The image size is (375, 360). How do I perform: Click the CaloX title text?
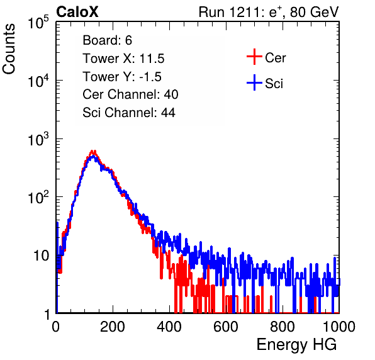pos(77,12)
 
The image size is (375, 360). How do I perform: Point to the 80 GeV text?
pos(314,12)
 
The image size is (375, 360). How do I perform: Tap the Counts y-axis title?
pos(9,49)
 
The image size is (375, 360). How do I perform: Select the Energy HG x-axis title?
pos(296,345)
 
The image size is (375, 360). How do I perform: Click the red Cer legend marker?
pos(254,57)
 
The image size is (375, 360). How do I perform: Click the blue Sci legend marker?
pos(254,82)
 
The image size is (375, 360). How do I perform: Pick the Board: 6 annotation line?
pos(107,40)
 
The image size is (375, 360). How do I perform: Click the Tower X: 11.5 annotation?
pos(123,59)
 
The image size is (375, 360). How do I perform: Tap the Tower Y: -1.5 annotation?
pos(122,77)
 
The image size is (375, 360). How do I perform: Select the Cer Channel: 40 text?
pos(130,94)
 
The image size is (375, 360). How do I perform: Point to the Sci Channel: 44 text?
pos(129,113)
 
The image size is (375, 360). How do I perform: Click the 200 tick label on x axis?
pos(113,327)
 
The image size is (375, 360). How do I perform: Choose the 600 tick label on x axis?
pos(226,327)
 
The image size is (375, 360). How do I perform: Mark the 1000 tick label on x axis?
pos(339,327)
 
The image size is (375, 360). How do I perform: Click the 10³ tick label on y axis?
pos(38,139)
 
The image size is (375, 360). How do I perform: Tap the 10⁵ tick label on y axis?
pos(38,23)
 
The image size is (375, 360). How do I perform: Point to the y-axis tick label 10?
pos(41,256)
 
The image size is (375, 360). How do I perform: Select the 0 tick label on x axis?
pos(56,327)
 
